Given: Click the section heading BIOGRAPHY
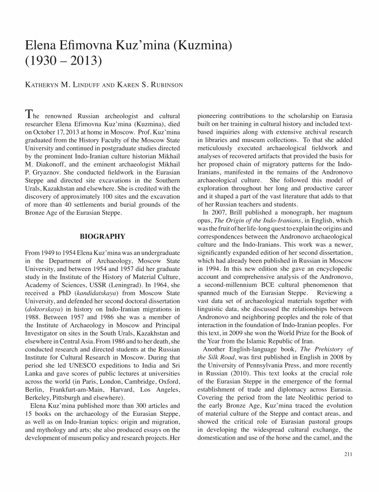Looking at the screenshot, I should tap(102, 237).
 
